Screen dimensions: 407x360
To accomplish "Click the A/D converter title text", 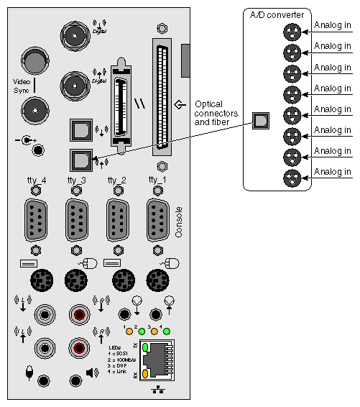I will (277, 15).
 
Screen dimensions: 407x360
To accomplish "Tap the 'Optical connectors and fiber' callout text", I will (213, 114).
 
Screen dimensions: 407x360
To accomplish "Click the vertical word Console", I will (179, 222).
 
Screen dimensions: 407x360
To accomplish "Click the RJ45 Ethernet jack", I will (160, 359).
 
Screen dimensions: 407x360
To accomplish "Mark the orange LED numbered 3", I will (154, 331).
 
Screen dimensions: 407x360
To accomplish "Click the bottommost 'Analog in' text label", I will (332, 171).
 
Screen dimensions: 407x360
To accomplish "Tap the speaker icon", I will (92, 372).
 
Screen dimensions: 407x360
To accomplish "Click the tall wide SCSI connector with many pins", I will (162, 97).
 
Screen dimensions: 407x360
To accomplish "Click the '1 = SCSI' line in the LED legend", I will (119, 352).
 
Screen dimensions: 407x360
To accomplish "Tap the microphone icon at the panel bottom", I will (29, 373).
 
